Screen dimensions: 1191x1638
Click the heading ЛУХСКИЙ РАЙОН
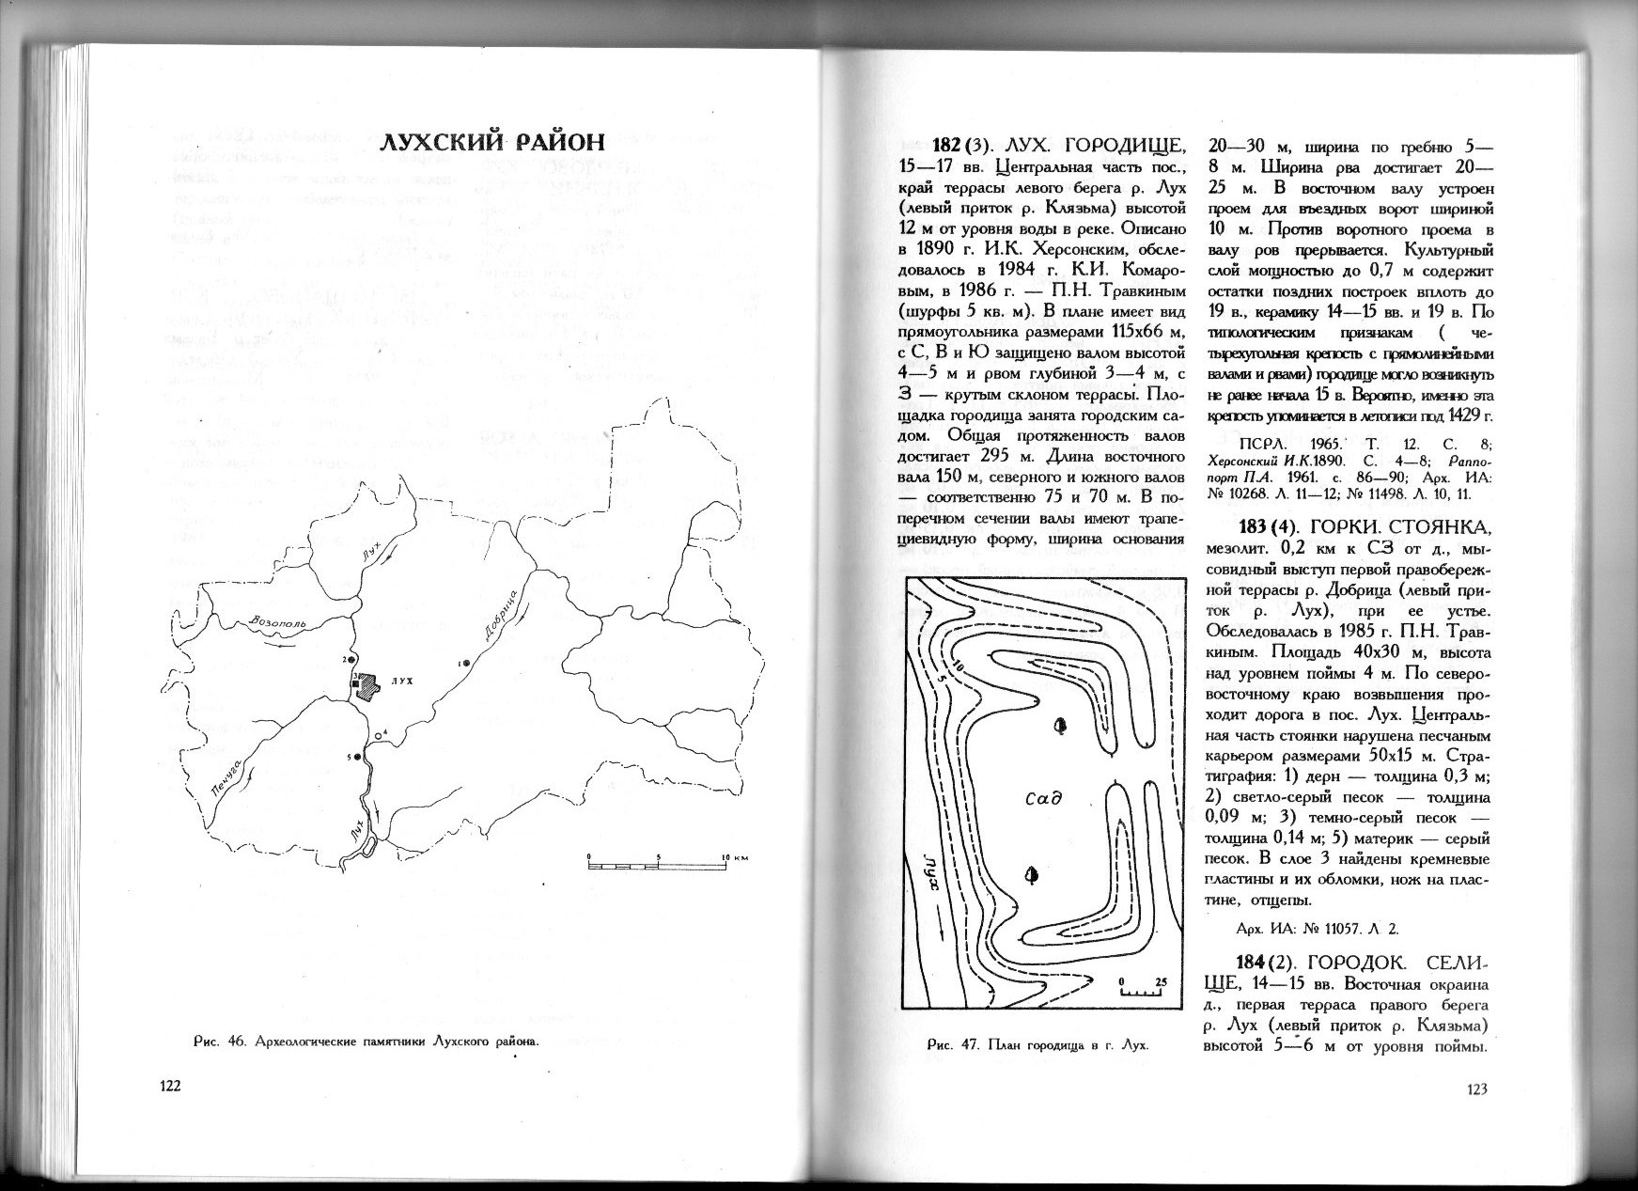[x=491, y=144]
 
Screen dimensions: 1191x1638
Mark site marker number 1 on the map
[x=465, y=663]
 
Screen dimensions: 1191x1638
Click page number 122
[x=168, y=1086]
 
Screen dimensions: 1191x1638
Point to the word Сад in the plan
[x=1042, y=800]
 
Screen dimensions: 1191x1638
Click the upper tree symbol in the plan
[x=1060, y=725]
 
